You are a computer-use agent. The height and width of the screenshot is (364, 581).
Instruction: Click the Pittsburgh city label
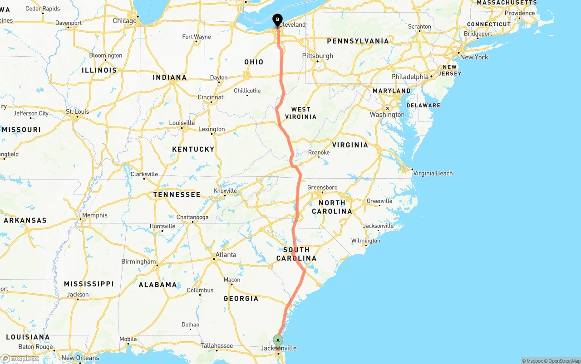(318, 56)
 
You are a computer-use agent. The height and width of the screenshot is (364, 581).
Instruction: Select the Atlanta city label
(226, 255)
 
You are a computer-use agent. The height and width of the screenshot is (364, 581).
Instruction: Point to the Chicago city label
(124, 21)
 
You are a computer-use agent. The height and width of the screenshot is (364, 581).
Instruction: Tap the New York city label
(474, 57)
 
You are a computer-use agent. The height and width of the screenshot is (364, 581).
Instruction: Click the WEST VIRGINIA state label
(301, 113)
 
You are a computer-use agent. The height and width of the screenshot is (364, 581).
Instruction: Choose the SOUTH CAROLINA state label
(296, 254)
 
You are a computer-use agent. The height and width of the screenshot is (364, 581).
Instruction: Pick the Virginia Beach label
(433, 173)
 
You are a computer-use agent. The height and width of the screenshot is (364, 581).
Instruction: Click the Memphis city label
(95, 215)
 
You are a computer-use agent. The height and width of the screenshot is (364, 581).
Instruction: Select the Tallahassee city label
(217, 346)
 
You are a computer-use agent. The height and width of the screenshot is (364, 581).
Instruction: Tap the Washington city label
(387, 115)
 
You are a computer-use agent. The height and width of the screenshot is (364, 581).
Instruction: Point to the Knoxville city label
(225, 191)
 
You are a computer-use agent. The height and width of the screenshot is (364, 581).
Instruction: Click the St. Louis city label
(78, 112)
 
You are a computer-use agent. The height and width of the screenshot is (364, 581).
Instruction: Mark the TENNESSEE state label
(177, 194)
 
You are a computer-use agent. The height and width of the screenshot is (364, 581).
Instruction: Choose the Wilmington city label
(365, 241)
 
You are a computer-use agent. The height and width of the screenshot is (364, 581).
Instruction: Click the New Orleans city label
(80, 358)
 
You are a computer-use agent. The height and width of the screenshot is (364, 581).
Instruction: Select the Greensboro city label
(322, 187)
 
